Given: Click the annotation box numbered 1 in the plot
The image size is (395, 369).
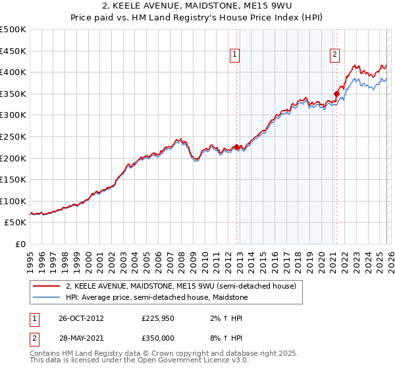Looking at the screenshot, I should [235, 55].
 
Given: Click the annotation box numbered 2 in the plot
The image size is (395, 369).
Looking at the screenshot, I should [334, 55].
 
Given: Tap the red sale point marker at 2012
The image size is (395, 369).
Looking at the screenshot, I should [237, 148].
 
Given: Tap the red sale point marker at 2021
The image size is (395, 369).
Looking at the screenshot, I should [336, 94].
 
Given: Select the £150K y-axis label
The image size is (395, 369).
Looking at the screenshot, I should [13, 179].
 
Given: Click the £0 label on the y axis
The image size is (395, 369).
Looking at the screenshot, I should [20, 244].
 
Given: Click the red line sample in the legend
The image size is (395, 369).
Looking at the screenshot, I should [47, 286].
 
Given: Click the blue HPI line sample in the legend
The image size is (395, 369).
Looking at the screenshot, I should [47, 297].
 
